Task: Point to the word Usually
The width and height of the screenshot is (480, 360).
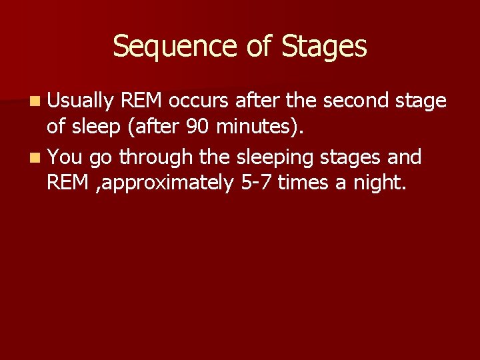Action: point(80,101)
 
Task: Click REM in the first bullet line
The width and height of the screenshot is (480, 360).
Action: point(142,101)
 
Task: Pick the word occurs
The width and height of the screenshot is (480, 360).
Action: point(199,101)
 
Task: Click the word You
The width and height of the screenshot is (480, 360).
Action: point(65,158)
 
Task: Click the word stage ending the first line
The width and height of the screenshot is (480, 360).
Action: point(421,101)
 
